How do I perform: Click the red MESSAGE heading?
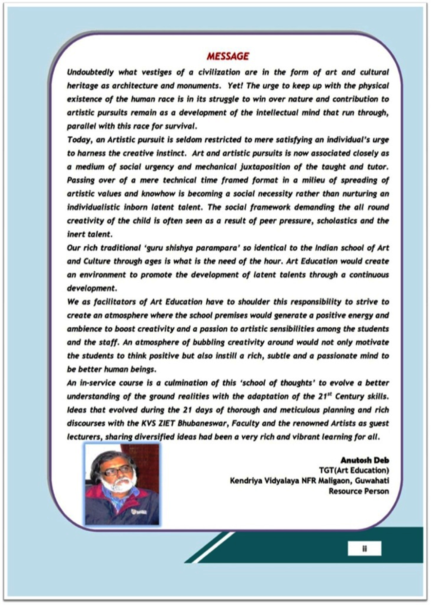tap(228, 56)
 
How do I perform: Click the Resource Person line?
tap(359, 491)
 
